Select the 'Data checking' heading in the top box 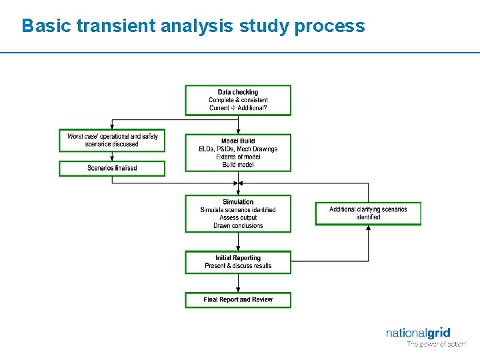[238, 92]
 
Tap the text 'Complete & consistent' [238, 100]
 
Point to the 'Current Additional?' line [238, 108]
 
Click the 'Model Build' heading [238, 141]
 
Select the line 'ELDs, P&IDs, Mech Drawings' [238, 149]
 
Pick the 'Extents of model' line [238, 157]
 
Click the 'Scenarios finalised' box [112, 168]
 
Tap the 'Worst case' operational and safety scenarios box [112, 140]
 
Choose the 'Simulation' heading [238, 202]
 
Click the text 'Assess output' [238, 218]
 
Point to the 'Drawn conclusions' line [238, 226]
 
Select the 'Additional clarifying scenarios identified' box [368, 213]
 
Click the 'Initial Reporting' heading [238, 258]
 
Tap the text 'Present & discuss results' [238, 266]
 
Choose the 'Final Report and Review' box [238, 300]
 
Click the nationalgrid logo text [418, 333]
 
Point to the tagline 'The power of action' [437, 345]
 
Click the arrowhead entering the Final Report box [238, 289]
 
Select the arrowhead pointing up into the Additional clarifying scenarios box [368, 229]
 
